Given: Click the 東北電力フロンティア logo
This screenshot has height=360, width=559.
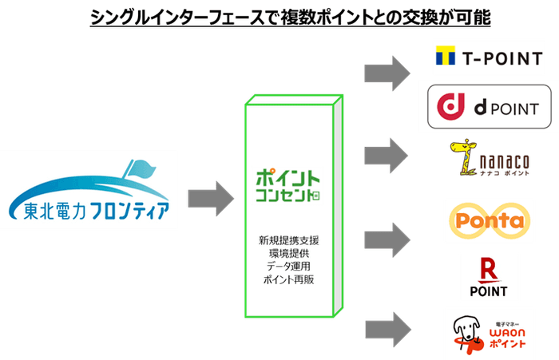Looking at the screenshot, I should tap(89, 192).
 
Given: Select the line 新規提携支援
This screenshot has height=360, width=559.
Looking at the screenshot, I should tap(290, 239).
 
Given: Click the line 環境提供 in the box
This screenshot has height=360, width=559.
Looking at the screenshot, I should tap(290, 253).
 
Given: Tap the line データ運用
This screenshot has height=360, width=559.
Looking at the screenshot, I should tap(290, 267).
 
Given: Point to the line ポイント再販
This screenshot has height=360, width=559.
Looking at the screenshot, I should tap(290, 280).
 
